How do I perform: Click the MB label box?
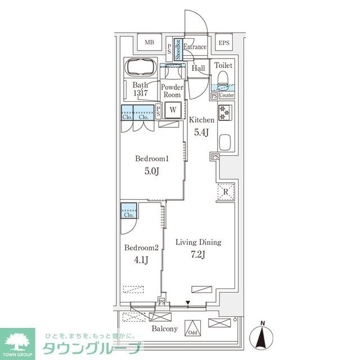pyautogui.click(x=149, y=43)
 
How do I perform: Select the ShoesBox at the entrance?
pyautogui.click(x=177, y=49)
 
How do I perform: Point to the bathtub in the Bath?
pyautogui.click(x=141, y=67)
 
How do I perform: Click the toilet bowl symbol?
pyautogui.click(x=223, y=76)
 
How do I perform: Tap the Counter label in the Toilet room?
pyautogui.click(x=227, y=96)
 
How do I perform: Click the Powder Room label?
pyautogui.click(x=172, y=91)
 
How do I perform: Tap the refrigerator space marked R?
pyautogui.click(x=225, y=192)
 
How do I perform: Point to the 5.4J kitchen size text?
pyautogui.click(x=201, y=133)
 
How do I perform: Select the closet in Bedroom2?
pyautogui.click(x=128, y=214)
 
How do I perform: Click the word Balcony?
pyautogui.click(x=164, y=329)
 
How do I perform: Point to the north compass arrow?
pyautogui.click(x=262, y=337)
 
